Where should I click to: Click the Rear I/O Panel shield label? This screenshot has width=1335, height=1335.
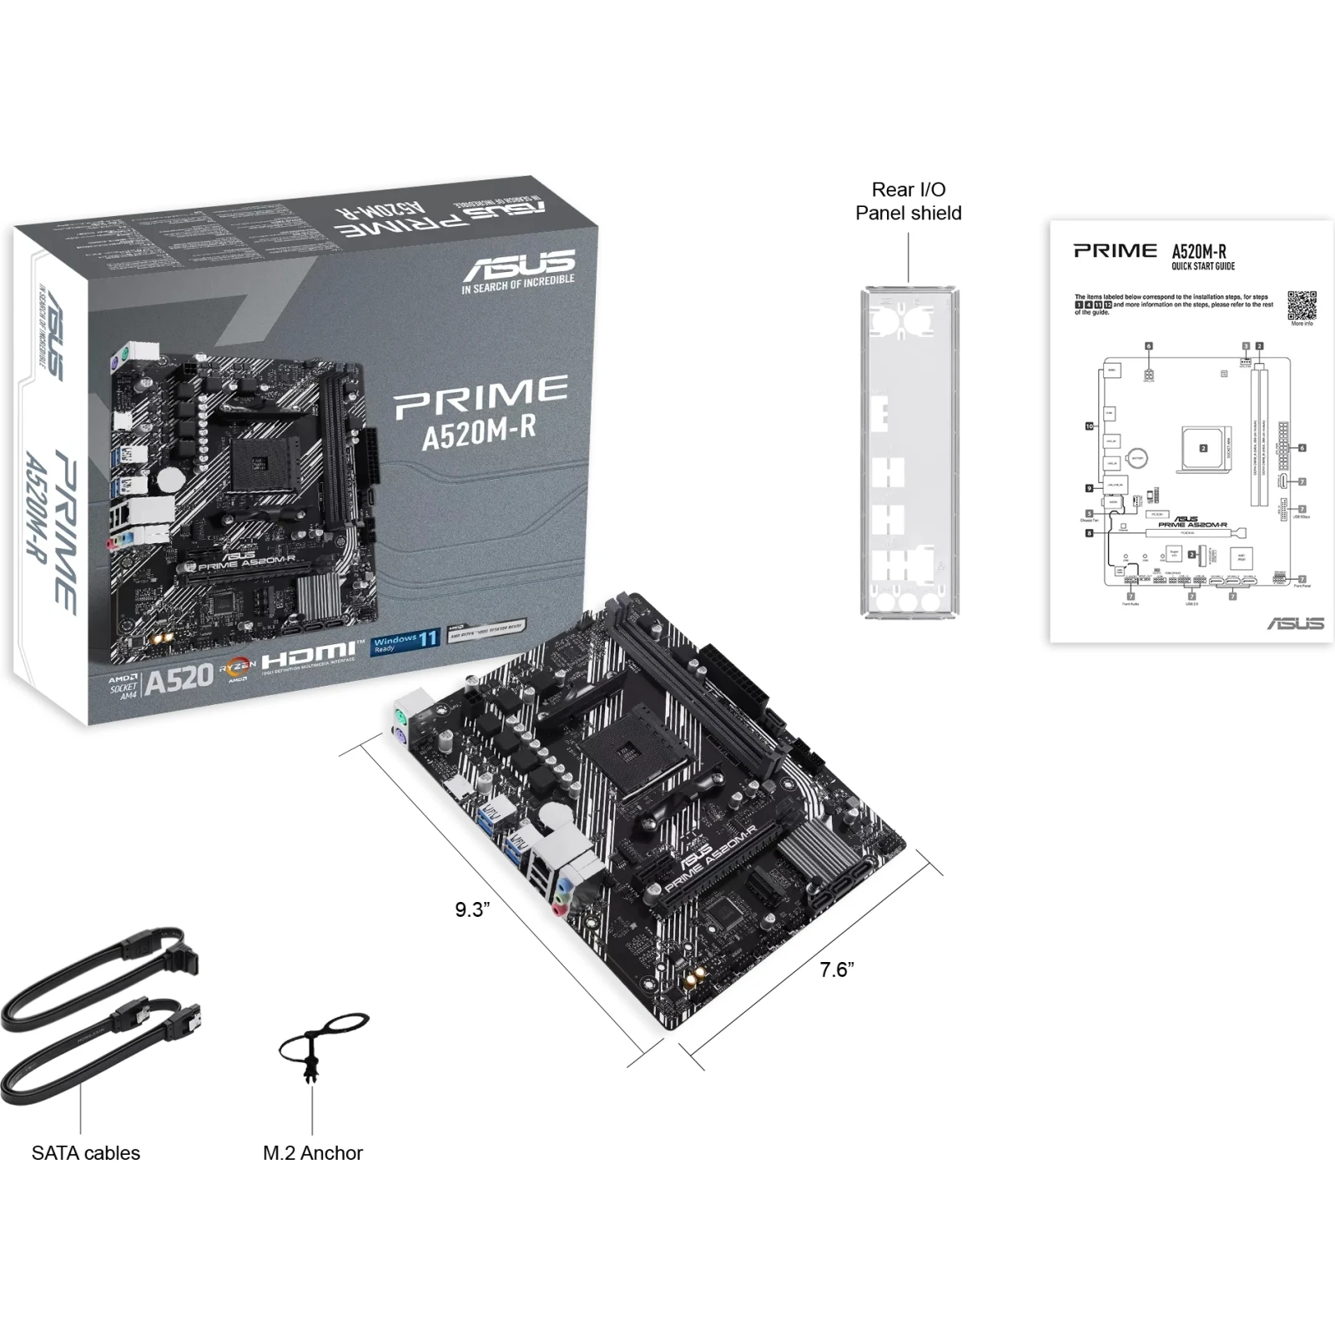pyautogui.click(x=908, y=201)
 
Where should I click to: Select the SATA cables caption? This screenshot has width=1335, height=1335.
pyautogui.click(x=86, y=1152)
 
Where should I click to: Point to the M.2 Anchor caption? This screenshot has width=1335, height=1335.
pyautogui.click(x=313, y=1152)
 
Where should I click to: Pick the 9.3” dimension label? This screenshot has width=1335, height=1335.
pyautogui.click(x=472, y=909)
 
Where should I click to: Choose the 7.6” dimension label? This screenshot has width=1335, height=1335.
pyautogui.click(x=837, y=970)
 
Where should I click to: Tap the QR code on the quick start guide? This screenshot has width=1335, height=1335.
pyautogui.click(x=1302, y=305)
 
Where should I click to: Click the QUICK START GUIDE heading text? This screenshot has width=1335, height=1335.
pyautogui.click(x=1202, y=266)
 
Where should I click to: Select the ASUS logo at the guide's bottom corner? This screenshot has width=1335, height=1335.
pyautogui.click(x=1295, y=623)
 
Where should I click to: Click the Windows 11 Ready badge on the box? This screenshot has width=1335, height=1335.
pyautogui.click(x=406, y=642)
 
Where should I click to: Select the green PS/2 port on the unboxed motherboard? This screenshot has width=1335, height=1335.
pyautogui.click(x=400, y=716)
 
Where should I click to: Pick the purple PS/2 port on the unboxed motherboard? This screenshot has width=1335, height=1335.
pyautogui.click(x=399, y=736)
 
